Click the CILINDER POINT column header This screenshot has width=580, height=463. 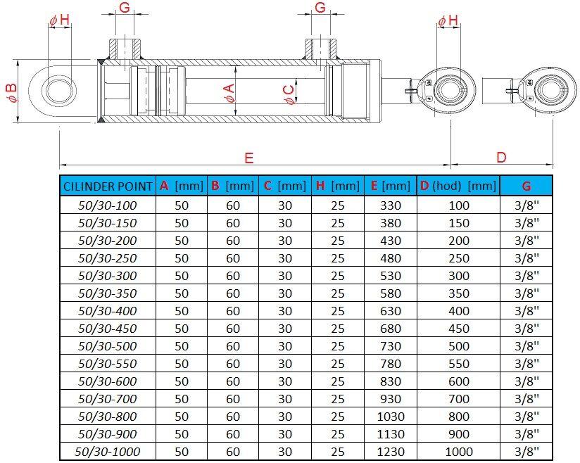pos(108,186)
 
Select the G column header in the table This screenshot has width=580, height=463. pos(527,186)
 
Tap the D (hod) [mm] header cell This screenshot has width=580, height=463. pos(458,186)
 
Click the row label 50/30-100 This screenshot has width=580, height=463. pos(107,205)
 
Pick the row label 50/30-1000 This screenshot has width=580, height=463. pos(107,452)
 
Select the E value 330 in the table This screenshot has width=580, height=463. pos(391,205)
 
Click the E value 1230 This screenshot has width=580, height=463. pos(391,452)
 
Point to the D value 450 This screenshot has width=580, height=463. pos(459,329)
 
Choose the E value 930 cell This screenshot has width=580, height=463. pos(391,399)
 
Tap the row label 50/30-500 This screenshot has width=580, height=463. pos(107,346)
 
